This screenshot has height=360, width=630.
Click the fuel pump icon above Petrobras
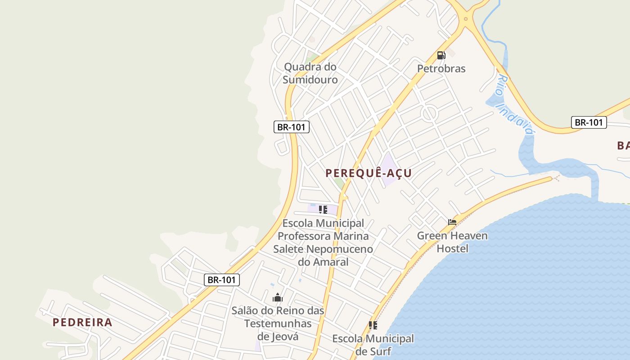(x=441, y=55)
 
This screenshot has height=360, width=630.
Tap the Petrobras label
(x=441, y=68)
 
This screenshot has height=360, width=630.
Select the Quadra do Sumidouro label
(x=310, y=73)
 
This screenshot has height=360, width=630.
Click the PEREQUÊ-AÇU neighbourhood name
(x=369, y=173)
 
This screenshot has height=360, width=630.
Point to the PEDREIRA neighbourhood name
(x=82, y=322)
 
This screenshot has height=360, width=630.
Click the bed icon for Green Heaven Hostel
(x=452, y=222)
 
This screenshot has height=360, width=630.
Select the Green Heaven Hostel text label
(x=452, y=242)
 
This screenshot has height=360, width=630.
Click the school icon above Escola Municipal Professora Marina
(x=323, y=209)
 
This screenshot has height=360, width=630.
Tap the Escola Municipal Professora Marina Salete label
(x=323, y=242)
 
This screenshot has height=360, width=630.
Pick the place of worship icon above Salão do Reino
(x=278, y=298)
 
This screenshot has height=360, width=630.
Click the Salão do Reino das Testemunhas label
(x=278, y=323)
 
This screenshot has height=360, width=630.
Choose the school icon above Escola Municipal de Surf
(x=373, y=325)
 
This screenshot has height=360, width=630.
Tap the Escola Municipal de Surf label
(x=373, y=345)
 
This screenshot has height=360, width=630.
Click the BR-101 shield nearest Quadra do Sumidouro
(x=291, y=127)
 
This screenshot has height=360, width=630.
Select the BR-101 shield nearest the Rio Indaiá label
(x=589, y=122)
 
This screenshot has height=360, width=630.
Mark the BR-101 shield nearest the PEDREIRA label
(x=221, y=279)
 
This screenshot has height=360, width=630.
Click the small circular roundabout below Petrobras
(x=430, y=113)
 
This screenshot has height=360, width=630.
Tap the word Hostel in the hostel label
(x=453, y=248)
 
